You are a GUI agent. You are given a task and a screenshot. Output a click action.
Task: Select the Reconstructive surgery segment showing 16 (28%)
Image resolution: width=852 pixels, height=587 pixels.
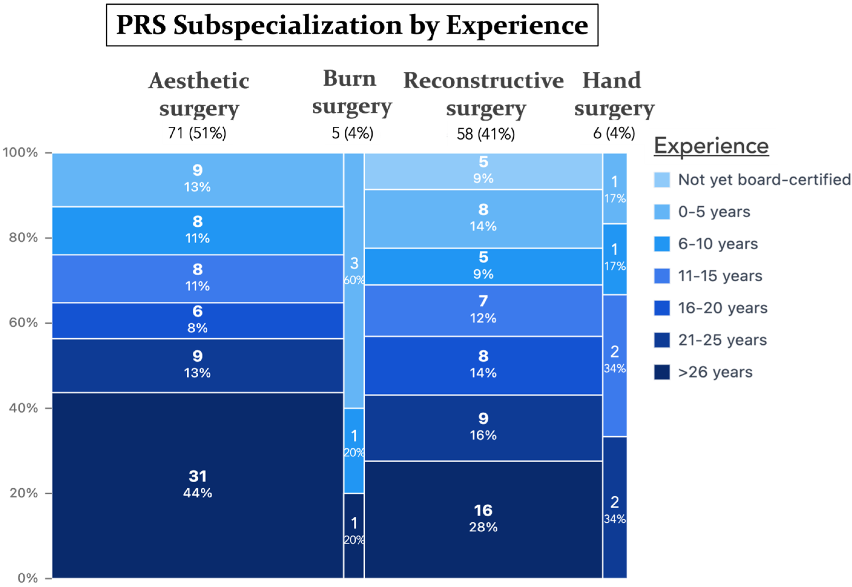[x=483, y=519]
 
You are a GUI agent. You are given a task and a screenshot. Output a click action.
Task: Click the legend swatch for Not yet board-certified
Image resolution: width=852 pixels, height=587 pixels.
[x=661, y=180]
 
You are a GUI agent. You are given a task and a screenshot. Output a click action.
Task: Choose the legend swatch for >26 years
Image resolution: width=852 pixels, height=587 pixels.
[x=661, y=372]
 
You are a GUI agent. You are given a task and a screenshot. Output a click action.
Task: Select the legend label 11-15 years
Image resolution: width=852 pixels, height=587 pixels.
[x=720, y=276]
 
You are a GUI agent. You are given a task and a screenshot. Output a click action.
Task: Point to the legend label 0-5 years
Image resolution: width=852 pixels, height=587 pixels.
[x=714, y=212]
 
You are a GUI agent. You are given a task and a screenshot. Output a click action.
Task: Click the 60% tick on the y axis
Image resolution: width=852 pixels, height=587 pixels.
[x=48, y=323]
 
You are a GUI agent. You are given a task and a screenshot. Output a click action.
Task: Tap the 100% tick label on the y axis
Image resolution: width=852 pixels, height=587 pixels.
[x=21, y=152]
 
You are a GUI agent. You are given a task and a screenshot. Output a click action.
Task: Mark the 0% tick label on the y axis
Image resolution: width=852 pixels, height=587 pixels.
[x=28, y=578]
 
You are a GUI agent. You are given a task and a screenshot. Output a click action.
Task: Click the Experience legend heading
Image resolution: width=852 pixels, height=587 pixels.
[x=711, y=146]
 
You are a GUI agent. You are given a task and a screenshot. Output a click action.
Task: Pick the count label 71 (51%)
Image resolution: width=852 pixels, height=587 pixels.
[x=197, y=133]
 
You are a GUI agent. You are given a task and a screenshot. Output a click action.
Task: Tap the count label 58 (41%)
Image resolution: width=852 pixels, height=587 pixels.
[x=485, y=134]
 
